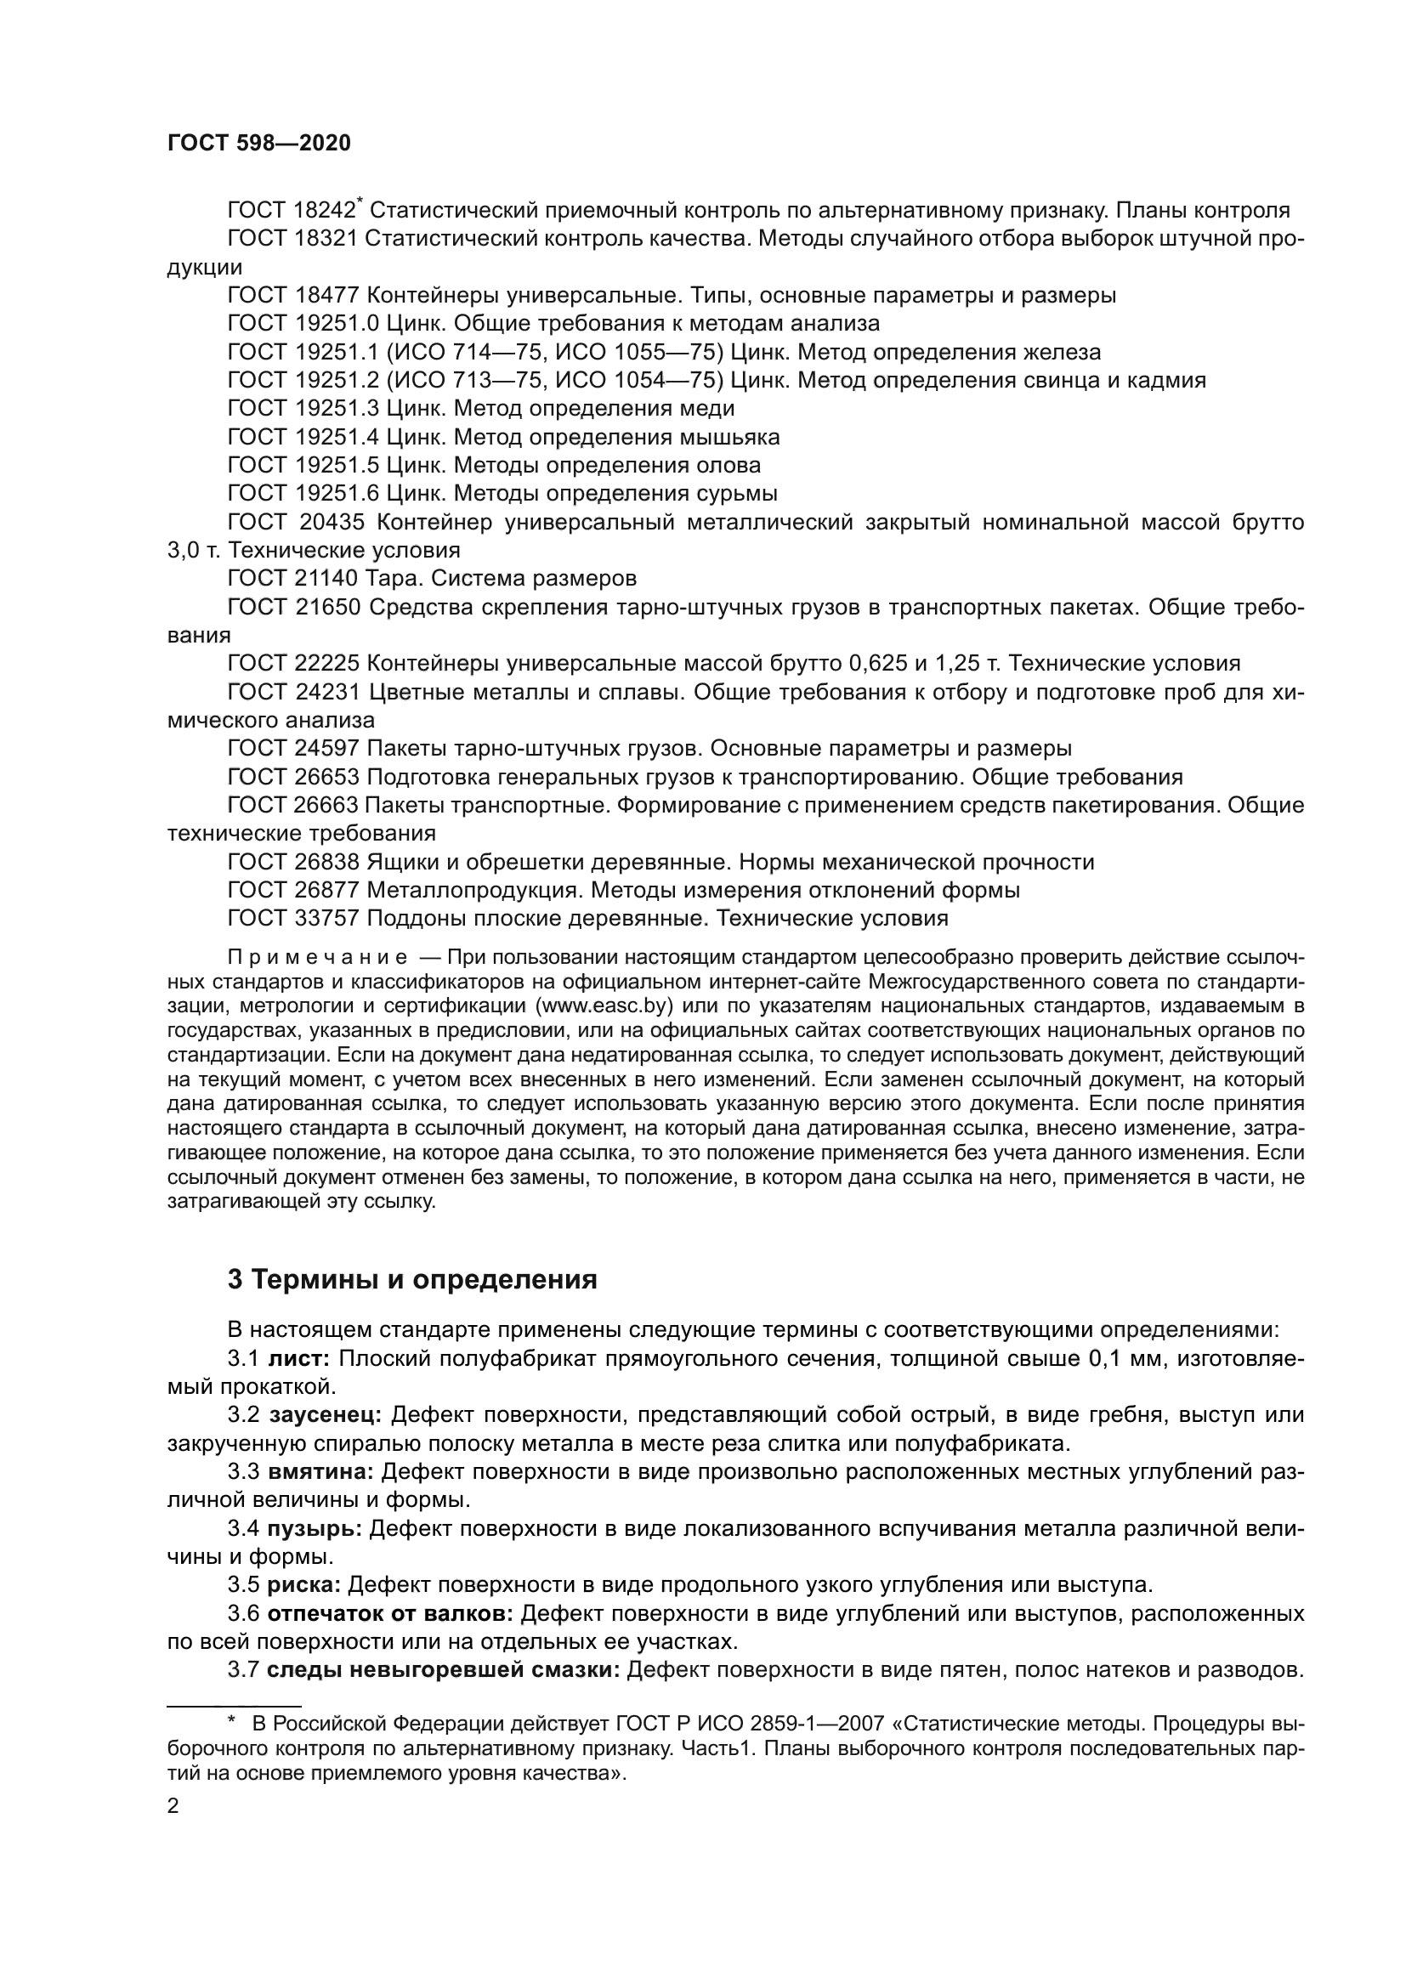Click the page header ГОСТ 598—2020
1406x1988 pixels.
click(259, 144)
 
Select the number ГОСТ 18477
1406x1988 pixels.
click(292, 295)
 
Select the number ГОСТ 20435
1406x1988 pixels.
click(295, 522)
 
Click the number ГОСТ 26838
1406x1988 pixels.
click(292, 862)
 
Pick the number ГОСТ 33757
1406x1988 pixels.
click(292, 918)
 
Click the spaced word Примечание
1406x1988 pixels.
click(317, 958)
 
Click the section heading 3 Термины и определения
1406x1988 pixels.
click(412, 1280)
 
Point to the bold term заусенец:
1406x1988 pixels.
click(326, 1415)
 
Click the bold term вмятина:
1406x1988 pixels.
click(320, 1472)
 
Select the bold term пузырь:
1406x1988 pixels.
click(315, 1528)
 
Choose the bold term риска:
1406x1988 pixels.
click(303, 1585)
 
